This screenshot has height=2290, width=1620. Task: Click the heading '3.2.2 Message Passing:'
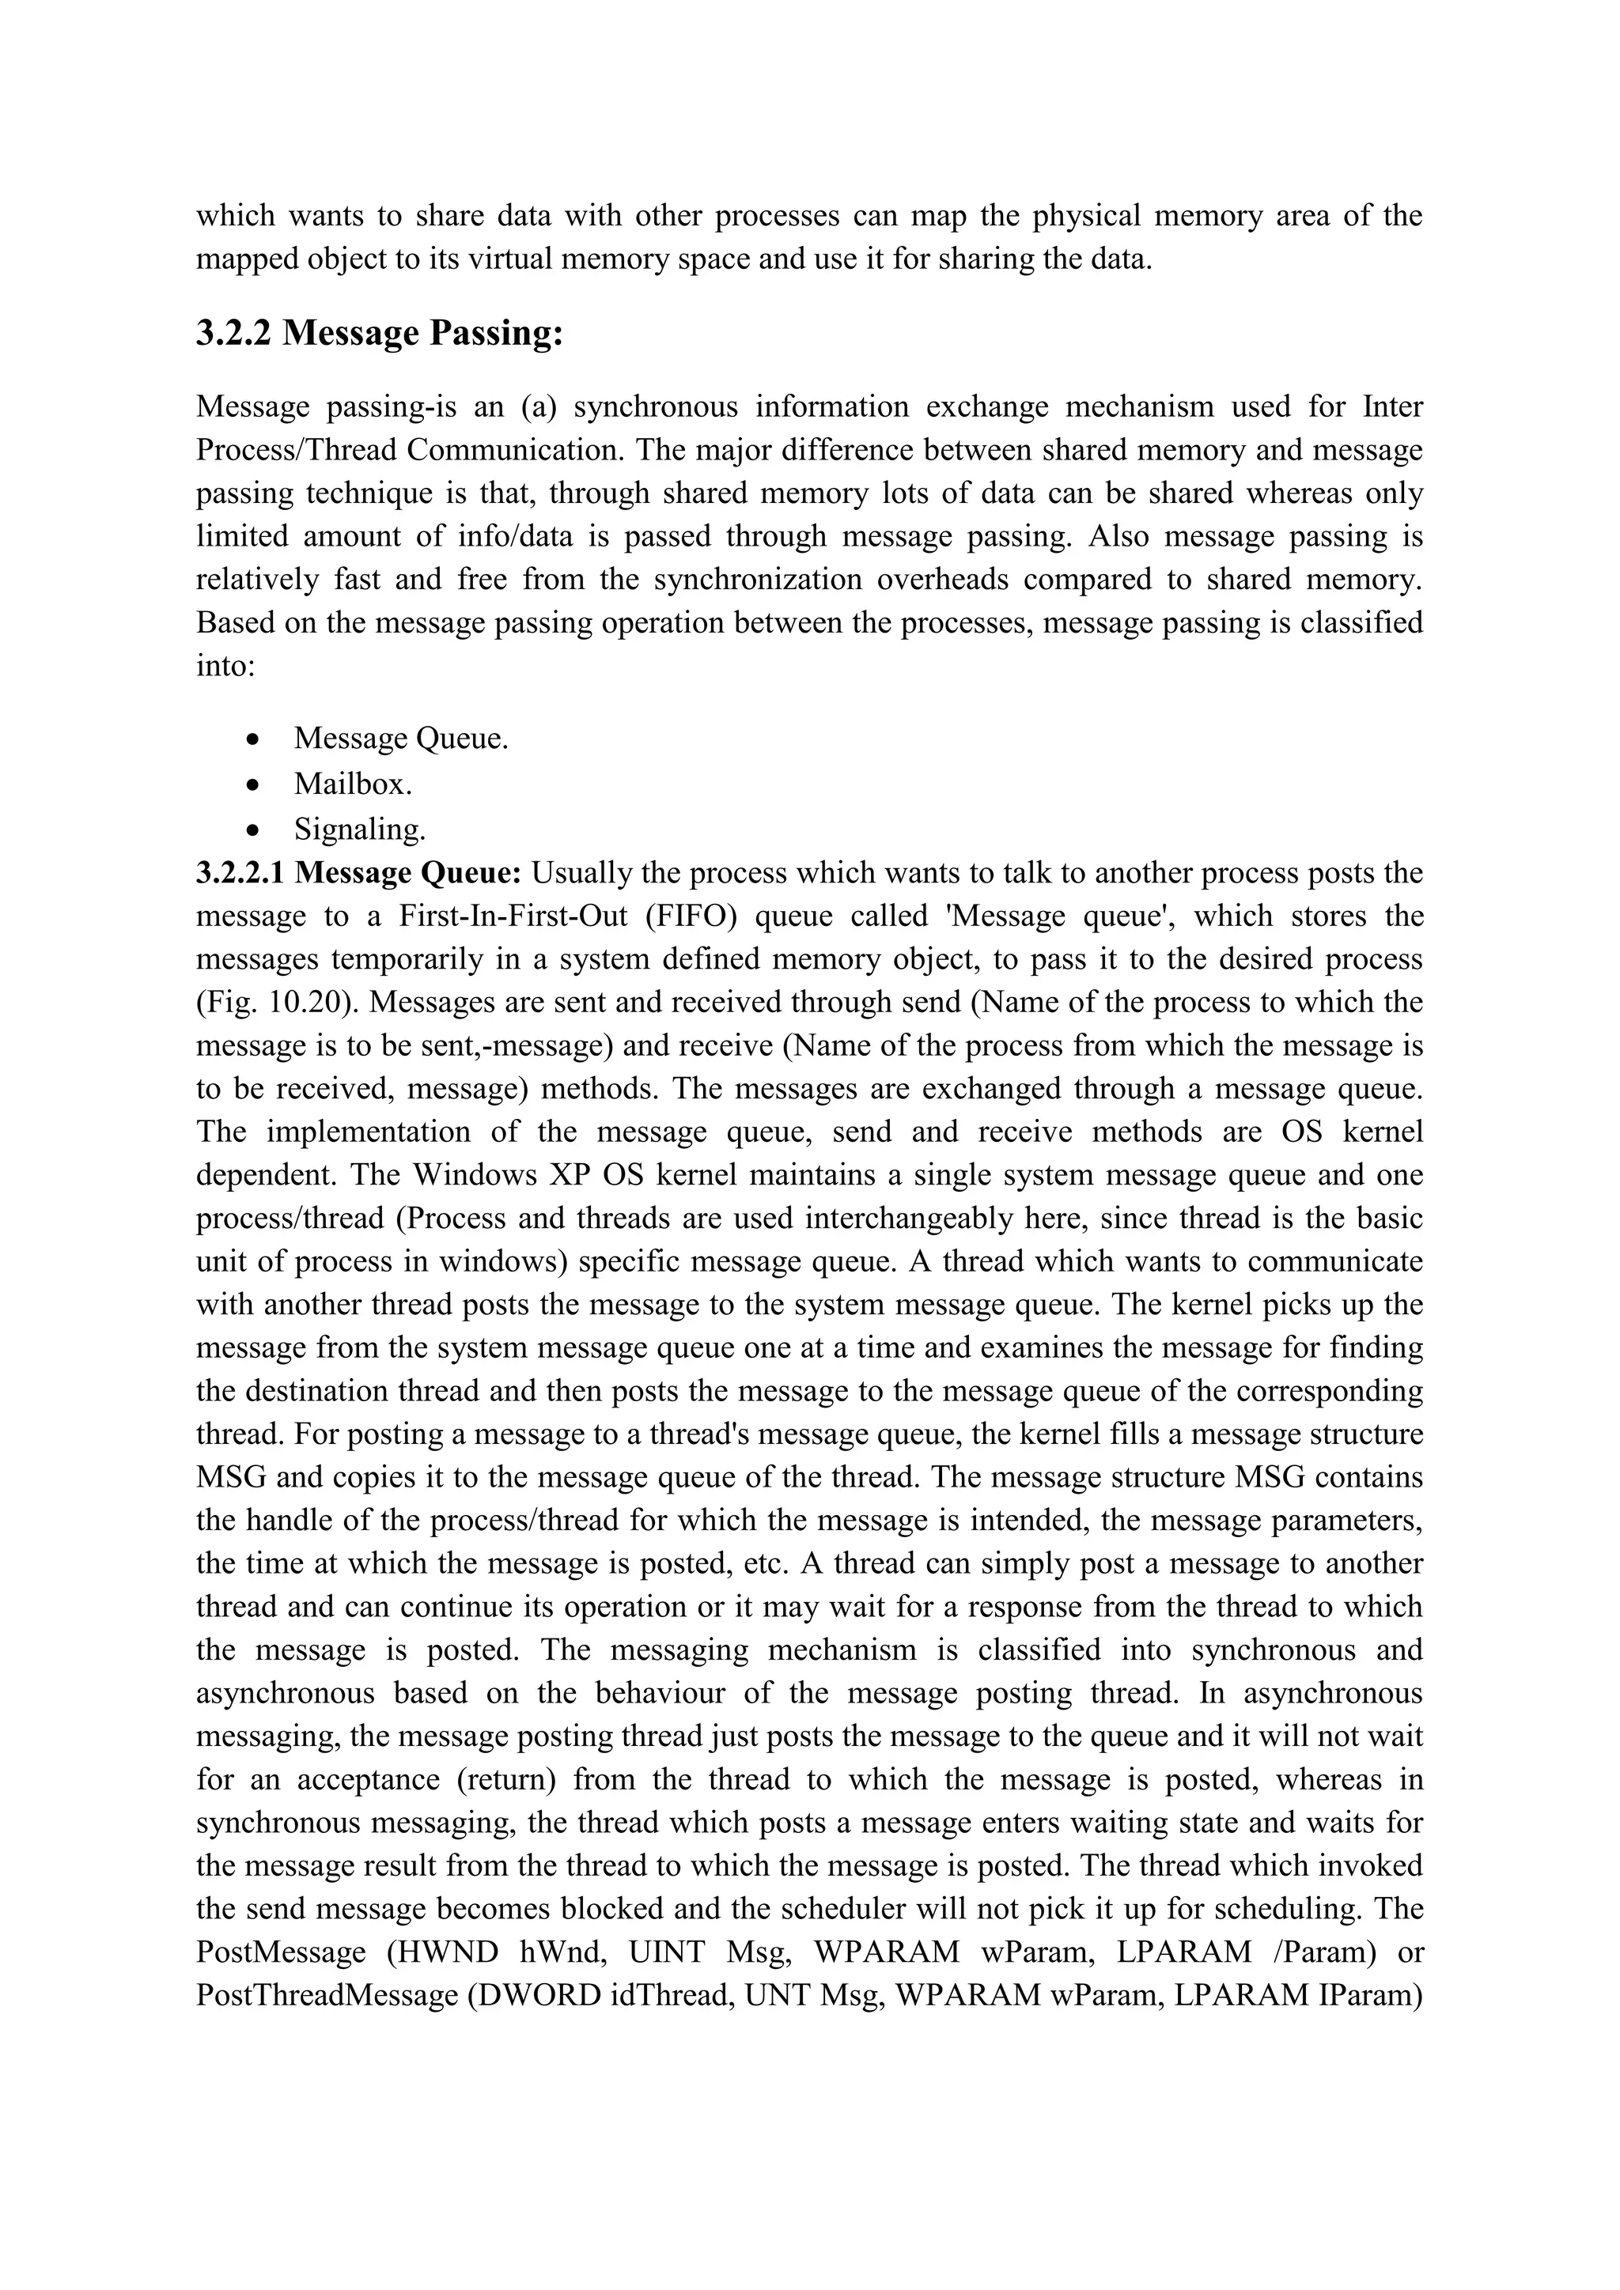[380, 333]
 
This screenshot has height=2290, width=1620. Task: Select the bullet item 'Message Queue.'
[401, 739]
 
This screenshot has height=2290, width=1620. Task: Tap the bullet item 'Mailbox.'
[353, 784]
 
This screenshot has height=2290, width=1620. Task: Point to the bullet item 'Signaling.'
[360, 829]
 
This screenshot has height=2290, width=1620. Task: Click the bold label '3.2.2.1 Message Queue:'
[359, 873]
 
